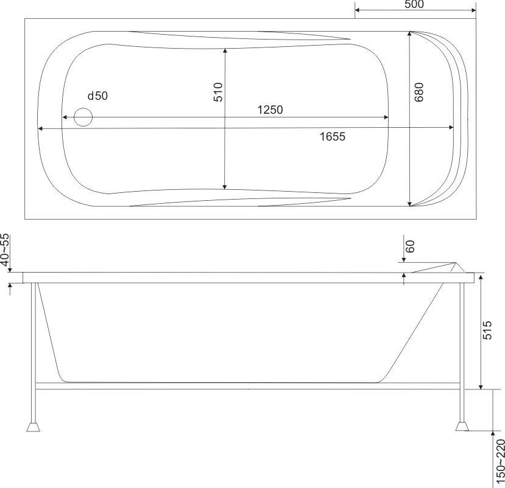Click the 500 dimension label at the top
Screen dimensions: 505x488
tap(414, 4)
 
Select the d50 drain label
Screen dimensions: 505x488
tap(97, 96)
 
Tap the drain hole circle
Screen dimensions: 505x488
tap(83, 117)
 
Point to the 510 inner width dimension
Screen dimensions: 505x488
tap(218, 92)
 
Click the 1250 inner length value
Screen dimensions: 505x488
tap(270, 110)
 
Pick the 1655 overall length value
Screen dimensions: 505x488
tap(333, 137)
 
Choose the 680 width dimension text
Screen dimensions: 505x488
tap(418, 92)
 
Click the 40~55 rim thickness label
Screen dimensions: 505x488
tap(5, 250)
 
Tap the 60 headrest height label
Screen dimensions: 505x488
tap(410, 246)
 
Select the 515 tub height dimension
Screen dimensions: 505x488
tap(487, 330)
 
